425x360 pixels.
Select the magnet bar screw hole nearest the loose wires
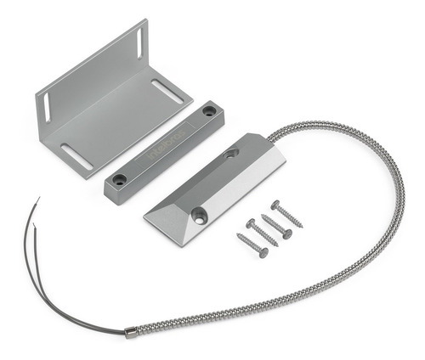(x=120, y=179)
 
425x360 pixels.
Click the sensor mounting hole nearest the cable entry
(x=231, y=154)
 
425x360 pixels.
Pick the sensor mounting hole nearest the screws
(x=198, y=216)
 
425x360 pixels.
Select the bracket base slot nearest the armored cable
(x=167, y=91)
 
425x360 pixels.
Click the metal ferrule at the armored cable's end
(x=131, y=332)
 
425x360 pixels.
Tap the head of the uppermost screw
(x=275, y=204)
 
